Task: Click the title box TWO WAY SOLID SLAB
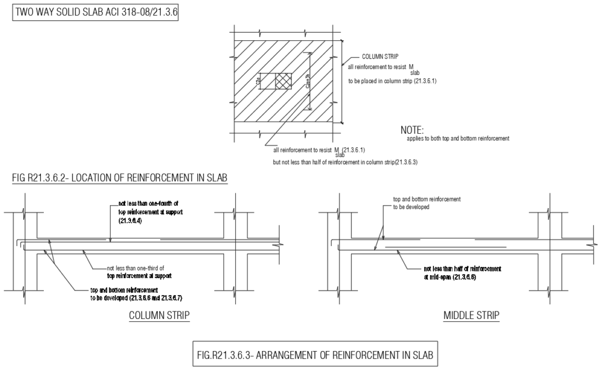tap(95, 12)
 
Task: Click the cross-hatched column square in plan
tap(284, 82)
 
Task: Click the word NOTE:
tap(412, 130)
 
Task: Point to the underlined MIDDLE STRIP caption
tap(471, 316)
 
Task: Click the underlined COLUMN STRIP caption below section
tap(159, 316)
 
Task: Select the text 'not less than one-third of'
tap(136, 268)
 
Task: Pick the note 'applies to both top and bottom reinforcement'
tap(457, 138)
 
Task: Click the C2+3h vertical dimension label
tap(307, 81)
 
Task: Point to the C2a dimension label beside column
tap(259, 82)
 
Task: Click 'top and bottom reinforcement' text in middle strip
tap(426, 199)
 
